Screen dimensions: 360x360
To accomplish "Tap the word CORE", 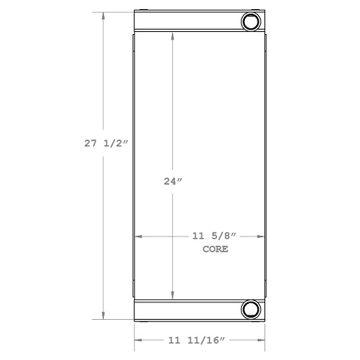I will (216, 249).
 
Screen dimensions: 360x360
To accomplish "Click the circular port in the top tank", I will (251, 21).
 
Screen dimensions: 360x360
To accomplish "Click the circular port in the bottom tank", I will (251, 308).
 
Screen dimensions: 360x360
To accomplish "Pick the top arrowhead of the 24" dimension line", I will (174, 38).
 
